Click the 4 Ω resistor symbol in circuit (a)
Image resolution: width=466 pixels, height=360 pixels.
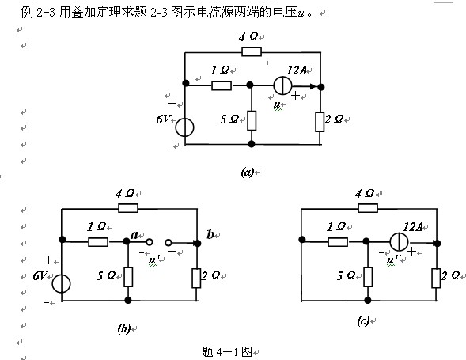(x=252, y=51)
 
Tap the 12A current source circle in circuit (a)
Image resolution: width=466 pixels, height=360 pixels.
(x=282, y=85)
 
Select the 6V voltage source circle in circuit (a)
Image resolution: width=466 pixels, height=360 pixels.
(x=184, y=127)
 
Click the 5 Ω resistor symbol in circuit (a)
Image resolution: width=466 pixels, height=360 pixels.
(x=252, y=120)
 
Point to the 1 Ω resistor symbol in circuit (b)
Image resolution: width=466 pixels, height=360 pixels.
(x=98, y=242)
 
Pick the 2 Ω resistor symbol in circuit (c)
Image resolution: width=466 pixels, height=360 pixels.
(x=436, y=278)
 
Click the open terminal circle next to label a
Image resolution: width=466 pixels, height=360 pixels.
(x=150, y=242)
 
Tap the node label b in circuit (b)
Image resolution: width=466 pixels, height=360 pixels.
(x=210, y=234)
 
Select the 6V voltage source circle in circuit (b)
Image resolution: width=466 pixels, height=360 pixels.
(x=61, y=283)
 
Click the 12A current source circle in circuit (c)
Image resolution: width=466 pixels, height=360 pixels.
(x=399, y=241)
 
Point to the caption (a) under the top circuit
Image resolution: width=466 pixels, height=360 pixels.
(x=248, y=172)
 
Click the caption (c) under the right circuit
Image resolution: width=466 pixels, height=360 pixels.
(x=363, y=320)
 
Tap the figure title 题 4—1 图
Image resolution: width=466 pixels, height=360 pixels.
(x=227, y=351)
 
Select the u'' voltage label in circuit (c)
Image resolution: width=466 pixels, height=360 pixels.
(x=394, y=260)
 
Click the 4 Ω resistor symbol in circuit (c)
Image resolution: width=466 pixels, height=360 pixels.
(x=368, y=208)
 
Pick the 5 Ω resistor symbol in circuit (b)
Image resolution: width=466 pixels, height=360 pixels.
(x=128, y=277)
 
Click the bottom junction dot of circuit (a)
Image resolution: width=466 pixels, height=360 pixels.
(x=252, y=144)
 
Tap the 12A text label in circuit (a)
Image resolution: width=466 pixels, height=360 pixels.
(x=297, y=70)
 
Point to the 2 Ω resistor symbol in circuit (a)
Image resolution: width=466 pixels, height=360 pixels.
(x=320, y=122)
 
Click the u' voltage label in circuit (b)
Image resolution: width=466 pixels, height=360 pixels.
(x=153, y=260)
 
